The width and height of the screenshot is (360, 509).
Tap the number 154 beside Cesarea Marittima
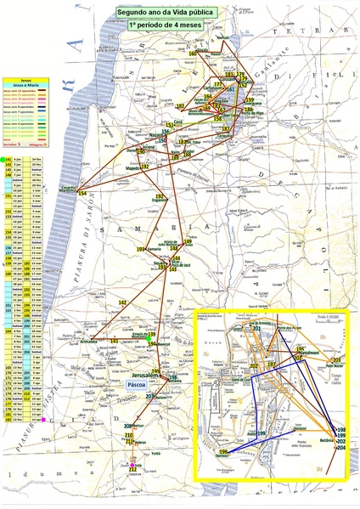(x=82, y=195)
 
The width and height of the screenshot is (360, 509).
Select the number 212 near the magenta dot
(x=132, y=469)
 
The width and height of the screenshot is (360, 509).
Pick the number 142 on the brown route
(x=122, y=303)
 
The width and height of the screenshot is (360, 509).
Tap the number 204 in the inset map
(x=341, y=449)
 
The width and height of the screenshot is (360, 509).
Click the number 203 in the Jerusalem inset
(x=336, y=360)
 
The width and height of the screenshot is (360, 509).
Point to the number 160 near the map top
(x=193, y=54)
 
